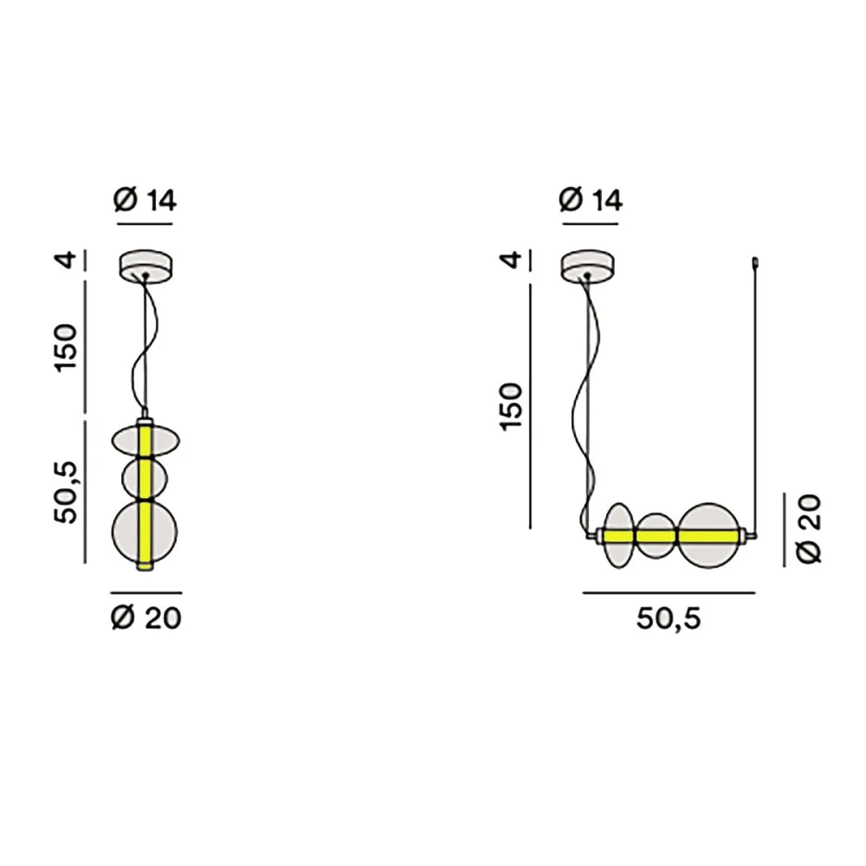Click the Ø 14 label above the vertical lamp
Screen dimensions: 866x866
pos(145,200)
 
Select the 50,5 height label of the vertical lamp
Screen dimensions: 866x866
pos(68,493)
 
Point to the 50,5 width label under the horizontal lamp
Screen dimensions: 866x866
pos(668,617)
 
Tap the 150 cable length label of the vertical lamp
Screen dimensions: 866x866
pos(68,346)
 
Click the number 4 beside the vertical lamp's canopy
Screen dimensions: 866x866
pos(68,260)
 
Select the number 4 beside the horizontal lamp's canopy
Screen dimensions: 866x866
pos(513,260)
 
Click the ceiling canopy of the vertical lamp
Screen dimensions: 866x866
pos(145,265)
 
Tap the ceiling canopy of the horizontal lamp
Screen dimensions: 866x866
pos(589,265)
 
